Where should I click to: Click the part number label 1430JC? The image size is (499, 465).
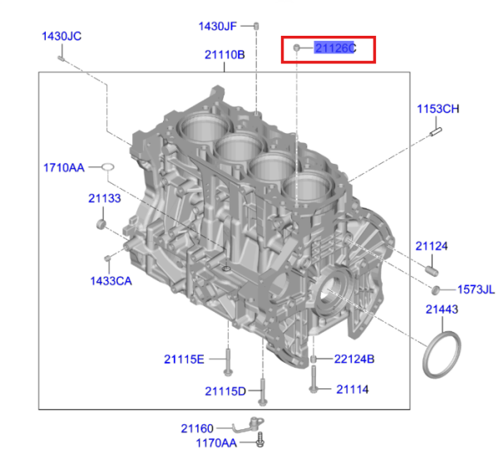(62, 36)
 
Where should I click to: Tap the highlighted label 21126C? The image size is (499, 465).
(335, 48)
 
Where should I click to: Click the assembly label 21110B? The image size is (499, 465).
(225, 55)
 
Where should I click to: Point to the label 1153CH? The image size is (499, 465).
(438, 110)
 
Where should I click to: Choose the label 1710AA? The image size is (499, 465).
(64, 168)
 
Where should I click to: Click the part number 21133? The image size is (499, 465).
(105, 199)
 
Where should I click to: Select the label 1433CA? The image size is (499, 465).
(111, 281)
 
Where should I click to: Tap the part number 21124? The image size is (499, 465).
(432, 246)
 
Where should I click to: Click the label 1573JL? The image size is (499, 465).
(476, 289)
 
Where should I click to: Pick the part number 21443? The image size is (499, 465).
(442, 309)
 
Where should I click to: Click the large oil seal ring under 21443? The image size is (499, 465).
(442, 354)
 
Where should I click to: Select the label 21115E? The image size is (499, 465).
(184, 359)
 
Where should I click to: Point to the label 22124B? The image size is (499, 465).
(354, 359)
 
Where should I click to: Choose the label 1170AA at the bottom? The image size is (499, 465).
(216, 443)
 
